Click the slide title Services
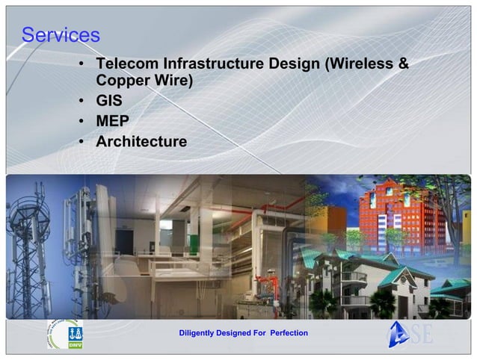(x=61, y=34)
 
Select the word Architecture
(x=142, y=140)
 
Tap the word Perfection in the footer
(x=288, y=332)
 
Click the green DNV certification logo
(x=75, y=335)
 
